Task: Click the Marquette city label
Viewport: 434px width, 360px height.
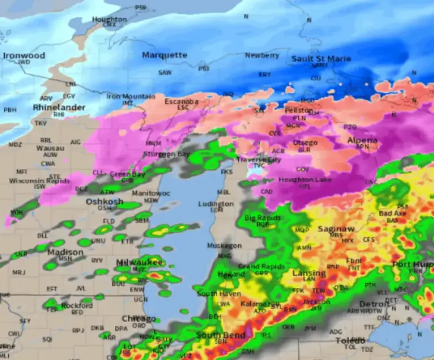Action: (x=164, y=55)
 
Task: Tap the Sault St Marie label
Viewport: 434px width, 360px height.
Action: (x=321, y=59)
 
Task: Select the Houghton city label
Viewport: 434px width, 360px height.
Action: (x=109, y=19)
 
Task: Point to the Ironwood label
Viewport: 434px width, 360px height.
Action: (x=24, y=56)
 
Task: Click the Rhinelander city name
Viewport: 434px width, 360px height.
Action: (x=59, y=107)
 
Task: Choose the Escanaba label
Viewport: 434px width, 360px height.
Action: (x=181, y=101)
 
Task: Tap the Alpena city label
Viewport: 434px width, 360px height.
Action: (x=362, y=140)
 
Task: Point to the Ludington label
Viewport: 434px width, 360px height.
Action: (x=216, y=204)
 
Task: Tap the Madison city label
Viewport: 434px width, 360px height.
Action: (x=65, y=253)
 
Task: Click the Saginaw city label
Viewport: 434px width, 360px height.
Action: (x=336, y=229)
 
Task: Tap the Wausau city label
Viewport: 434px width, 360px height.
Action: (x=50, y=148)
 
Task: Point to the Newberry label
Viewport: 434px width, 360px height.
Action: (x=262, y=56)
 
